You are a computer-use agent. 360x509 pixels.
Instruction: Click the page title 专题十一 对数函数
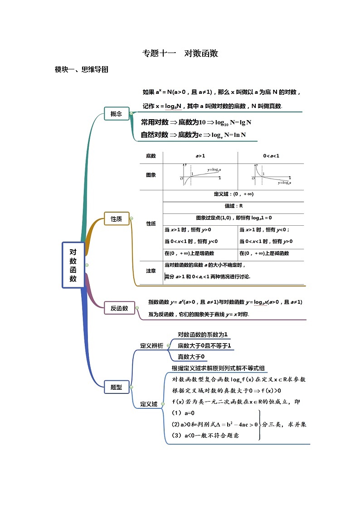(x=180, y=53)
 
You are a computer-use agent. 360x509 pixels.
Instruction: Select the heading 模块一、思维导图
(x=81, y=70)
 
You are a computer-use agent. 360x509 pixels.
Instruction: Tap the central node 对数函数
(x=73, y=265)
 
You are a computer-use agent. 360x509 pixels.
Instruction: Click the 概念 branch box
(x=116, y=114)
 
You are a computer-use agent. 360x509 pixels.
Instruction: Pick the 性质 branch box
(x=116, y=219)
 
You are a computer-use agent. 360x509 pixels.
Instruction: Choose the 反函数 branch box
(x=119, y=308)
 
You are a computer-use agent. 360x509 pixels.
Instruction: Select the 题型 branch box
(x=116, y=387)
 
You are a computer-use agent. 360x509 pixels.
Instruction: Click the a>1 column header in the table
(x=200, y=156)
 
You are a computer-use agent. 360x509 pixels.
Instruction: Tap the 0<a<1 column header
(x=271, y=156)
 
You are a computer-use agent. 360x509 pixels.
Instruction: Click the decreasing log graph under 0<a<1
(x=271, y=175)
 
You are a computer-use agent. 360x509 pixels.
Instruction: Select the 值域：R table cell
(x=234, y=206)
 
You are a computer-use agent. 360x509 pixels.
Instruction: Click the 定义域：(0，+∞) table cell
(x=234, y=194)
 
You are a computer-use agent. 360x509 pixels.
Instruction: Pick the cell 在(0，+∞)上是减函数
(x=264, y=253)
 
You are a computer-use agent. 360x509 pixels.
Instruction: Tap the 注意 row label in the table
(x=151, y=271)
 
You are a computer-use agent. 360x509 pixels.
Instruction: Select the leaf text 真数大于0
(x=191, y=357)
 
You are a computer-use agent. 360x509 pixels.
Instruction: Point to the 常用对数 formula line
(x=196, y=122)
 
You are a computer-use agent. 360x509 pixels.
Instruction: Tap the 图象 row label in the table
(x=151, y=175)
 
